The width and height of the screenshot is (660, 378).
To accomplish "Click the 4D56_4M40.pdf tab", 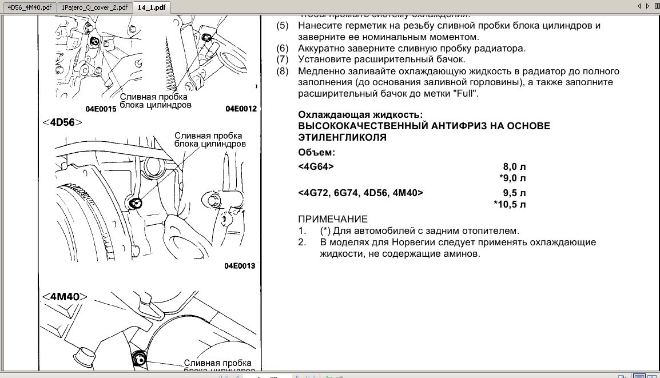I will coord(29,7).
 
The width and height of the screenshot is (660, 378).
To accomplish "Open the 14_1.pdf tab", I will coord(152,7).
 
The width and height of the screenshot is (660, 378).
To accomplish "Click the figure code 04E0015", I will coord(101,109).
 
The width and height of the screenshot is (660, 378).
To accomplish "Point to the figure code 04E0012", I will coord(241,109).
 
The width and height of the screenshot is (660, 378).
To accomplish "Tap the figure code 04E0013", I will coord(240,266).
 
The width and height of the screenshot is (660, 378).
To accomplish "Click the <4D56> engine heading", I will coord(62,122).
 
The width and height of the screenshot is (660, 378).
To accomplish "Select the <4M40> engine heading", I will coord(64,296).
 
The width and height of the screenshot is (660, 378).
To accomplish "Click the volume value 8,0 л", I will coord(514,166).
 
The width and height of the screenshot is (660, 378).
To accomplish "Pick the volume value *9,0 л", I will coord(512,178).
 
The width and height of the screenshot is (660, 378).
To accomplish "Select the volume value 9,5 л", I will coord(514,193).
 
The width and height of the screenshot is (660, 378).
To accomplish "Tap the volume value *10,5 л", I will coord(510,204).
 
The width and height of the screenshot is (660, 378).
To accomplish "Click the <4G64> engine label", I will coord(316,166).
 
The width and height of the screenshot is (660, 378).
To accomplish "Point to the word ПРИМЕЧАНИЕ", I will coord(333,219).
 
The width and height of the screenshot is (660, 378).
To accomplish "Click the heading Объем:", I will coord(317,152).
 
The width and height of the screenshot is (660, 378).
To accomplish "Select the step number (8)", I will coord(283,71).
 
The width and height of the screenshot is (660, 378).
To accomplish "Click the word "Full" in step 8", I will coord(466,93).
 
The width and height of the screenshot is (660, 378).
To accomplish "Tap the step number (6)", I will coord(283,48).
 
